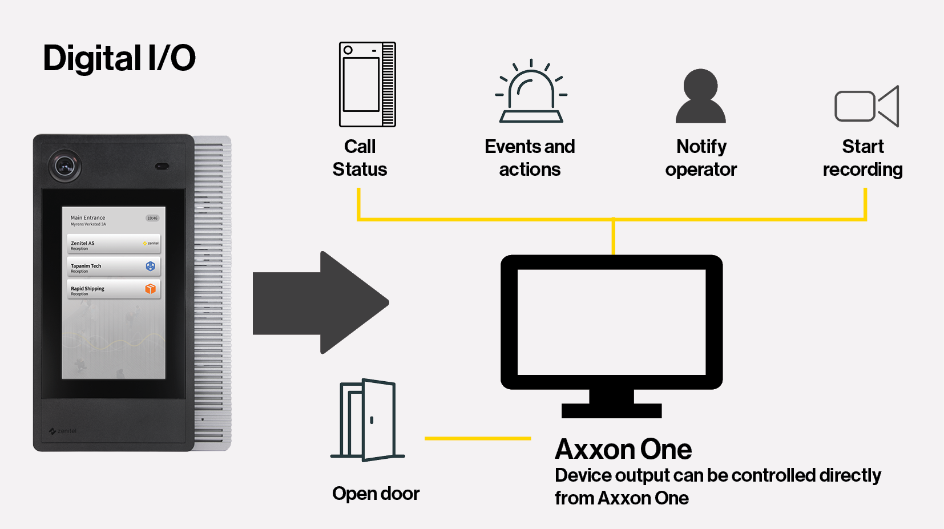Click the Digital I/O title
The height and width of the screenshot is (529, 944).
pos(119,58)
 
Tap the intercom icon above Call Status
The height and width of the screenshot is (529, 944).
pos(367,84)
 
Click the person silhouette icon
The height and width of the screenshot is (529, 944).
pos(700,96)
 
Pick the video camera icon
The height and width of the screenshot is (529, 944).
pos(866,106)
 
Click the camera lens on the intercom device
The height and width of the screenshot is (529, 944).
pos(64,166)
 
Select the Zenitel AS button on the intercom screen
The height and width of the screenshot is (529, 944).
pos(114,244)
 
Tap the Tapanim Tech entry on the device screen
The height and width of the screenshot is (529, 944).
pos(114,267)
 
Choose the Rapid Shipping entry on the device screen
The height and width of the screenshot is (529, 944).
pos(114,289)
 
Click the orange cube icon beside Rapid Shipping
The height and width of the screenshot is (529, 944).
pos(151,289)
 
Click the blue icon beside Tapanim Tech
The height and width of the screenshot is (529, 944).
pos(151,266)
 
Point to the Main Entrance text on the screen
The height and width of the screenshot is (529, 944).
pos(88,218)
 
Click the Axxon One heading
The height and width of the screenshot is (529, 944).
pos(623,449)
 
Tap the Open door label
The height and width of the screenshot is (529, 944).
pos(376,494)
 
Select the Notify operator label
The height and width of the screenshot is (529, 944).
pos(701,158)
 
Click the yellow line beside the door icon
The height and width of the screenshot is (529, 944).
pos(478,438)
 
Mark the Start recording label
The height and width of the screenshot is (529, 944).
pos(862,158)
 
